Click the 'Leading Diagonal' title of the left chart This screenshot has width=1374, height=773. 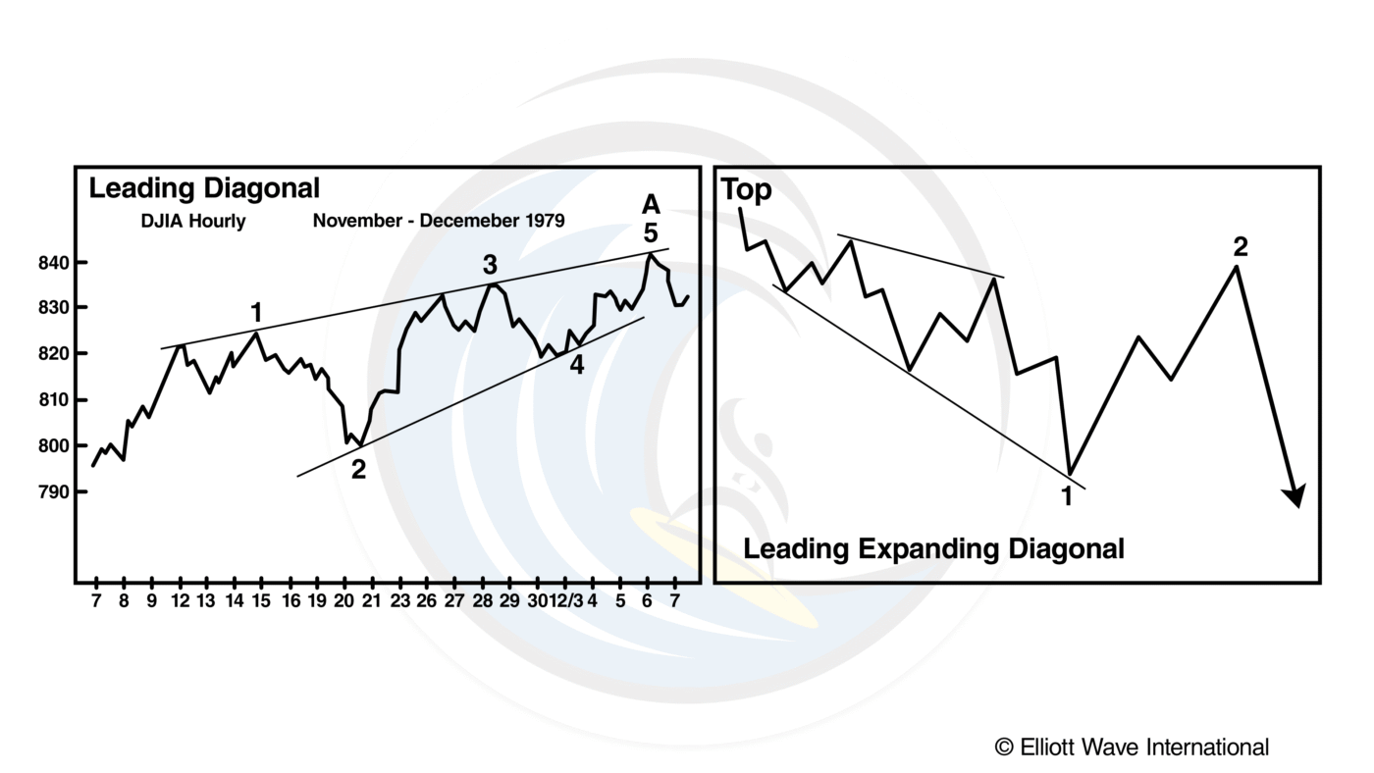click(x=204, y=188)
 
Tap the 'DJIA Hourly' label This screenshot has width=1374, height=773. click(x=192, y=222)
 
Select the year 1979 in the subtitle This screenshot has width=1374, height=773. click(x=545, y=222)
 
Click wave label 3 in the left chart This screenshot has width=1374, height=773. click(x=489, y=265)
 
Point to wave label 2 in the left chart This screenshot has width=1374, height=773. click(x=358, y=470)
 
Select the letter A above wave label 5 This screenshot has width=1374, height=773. click(x=650, y=204)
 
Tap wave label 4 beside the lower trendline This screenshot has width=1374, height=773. click(x=577, y=366)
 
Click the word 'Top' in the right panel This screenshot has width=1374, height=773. click(x=747, y=190)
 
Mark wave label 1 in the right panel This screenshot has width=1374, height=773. click(x=1067, y=495)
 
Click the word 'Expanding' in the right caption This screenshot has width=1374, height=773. click(x=928, y=549)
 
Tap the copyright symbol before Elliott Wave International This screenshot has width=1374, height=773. click(x=1004, y=747)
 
